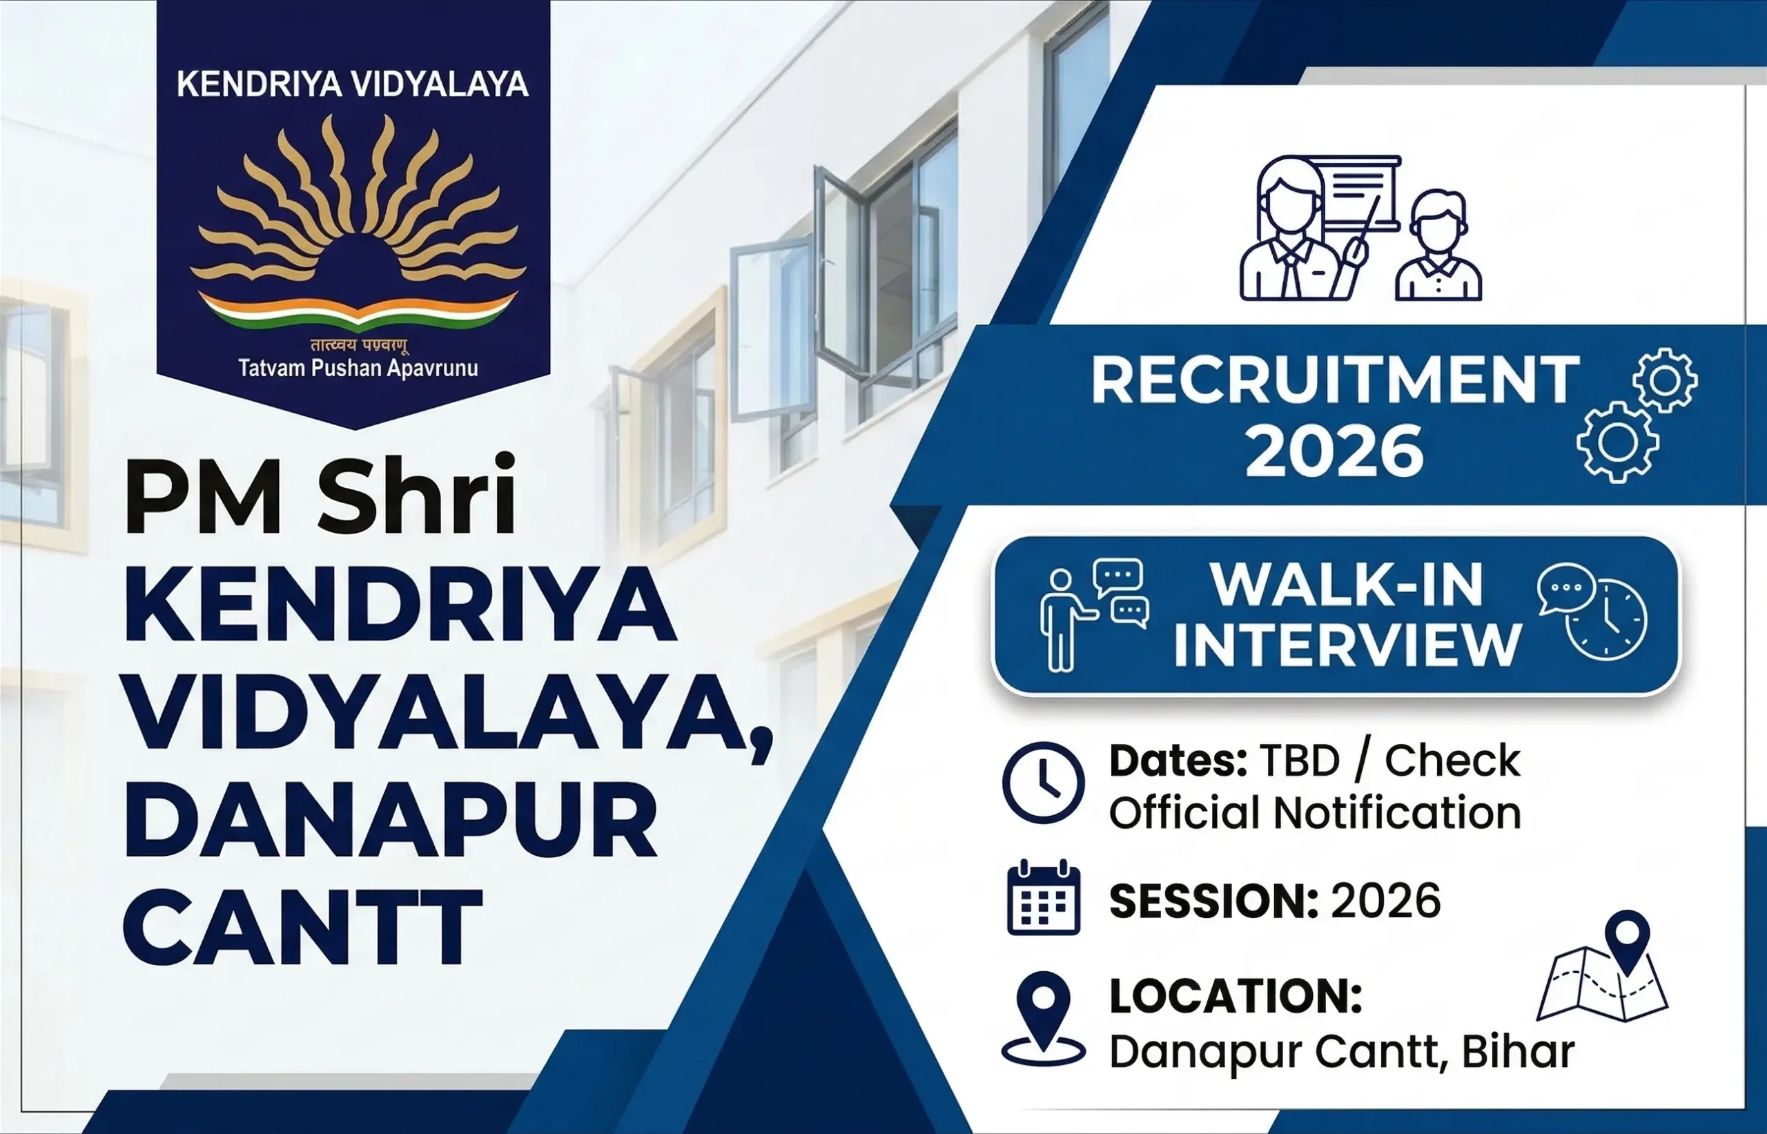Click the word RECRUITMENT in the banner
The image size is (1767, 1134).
[1335, 380]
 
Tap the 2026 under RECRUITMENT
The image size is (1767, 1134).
[1334, 451]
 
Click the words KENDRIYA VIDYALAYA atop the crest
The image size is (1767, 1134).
[353, 84]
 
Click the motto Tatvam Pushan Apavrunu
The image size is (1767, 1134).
[358, 368]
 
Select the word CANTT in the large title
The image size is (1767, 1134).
[302, 927]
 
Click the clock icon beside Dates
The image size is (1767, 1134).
[1042, 782]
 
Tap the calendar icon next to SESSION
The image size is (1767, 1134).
[1042, 898]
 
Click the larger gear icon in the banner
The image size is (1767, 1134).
[1617, 442]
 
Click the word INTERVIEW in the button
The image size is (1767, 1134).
[1347, 646]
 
